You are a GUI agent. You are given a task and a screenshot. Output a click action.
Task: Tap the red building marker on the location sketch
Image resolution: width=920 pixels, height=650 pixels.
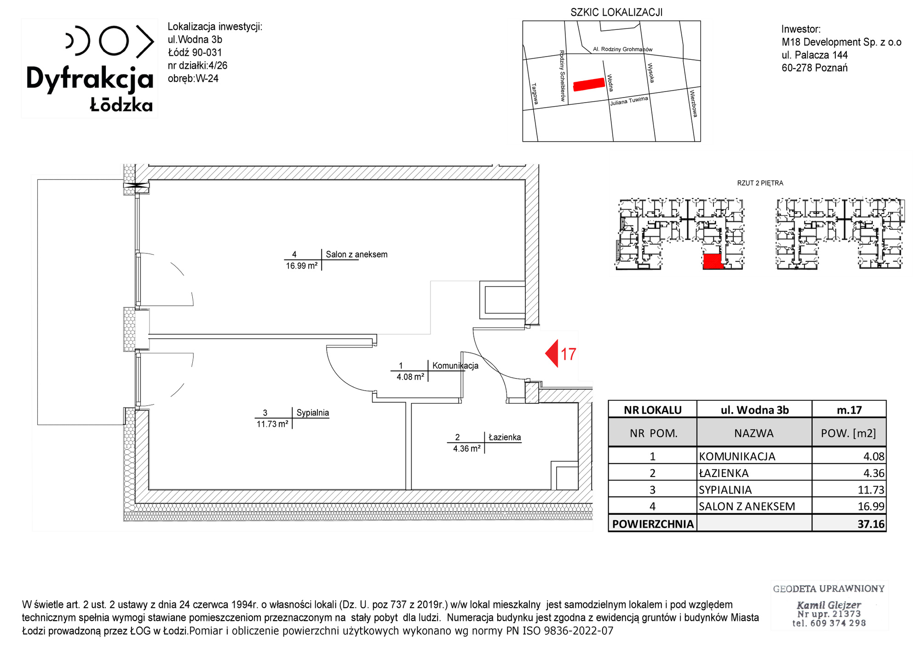coord(589,85)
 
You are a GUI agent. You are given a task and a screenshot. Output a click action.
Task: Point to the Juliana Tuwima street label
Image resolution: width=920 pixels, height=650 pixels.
coord(629,101)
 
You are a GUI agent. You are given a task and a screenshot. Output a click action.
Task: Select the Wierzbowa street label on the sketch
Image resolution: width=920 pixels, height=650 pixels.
coord(693,103)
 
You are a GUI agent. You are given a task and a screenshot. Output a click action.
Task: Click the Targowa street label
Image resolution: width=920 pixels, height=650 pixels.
coord(535,94)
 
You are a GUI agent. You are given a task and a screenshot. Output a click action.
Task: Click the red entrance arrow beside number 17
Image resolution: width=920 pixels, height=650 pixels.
coord(552,353)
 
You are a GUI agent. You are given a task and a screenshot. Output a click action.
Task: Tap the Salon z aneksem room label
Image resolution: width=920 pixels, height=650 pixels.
coord(356,254)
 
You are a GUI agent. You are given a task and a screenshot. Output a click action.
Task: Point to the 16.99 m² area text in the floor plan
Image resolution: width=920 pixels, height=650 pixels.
coord(302,266)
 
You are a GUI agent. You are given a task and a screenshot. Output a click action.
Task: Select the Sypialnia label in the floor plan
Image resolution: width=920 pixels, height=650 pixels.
coord(313,413)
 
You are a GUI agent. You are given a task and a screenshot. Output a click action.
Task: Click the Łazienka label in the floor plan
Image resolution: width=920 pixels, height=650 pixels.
coord(505,437)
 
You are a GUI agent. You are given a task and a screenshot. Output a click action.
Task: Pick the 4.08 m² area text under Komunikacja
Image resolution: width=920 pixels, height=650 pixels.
coord(410,377)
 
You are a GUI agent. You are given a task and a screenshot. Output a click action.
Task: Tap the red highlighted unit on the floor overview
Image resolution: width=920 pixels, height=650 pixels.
coord(713,261)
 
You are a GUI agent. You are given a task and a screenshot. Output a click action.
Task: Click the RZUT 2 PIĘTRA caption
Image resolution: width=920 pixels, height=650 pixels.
coord(760,183)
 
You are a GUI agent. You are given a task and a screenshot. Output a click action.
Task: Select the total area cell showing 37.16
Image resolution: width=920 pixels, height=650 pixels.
coord(871,524)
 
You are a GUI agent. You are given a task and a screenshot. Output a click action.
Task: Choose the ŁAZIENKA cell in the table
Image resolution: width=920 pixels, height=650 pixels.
coord(724,473)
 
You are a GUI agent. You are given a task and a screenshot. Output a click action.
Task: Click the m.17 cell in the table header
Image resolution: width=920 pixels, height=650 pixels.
coord(849,410)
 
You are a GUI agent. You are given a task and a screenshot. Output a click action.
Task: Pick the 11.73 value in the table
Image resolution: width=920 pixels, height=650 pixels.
coord(871,490)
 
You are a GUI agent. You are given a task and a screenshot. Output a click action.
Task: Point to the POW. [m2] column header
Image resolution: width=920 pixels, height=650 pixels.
coord(849,433)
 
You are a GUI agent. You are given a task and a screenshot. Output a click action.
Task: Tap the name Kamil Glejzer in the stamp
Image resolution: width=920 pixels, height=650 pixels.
coord(828,605)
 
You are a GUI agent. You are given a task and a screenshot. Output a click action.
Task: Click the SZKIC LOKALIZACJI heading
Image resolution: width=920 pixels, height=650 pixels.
coord(616,12)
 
